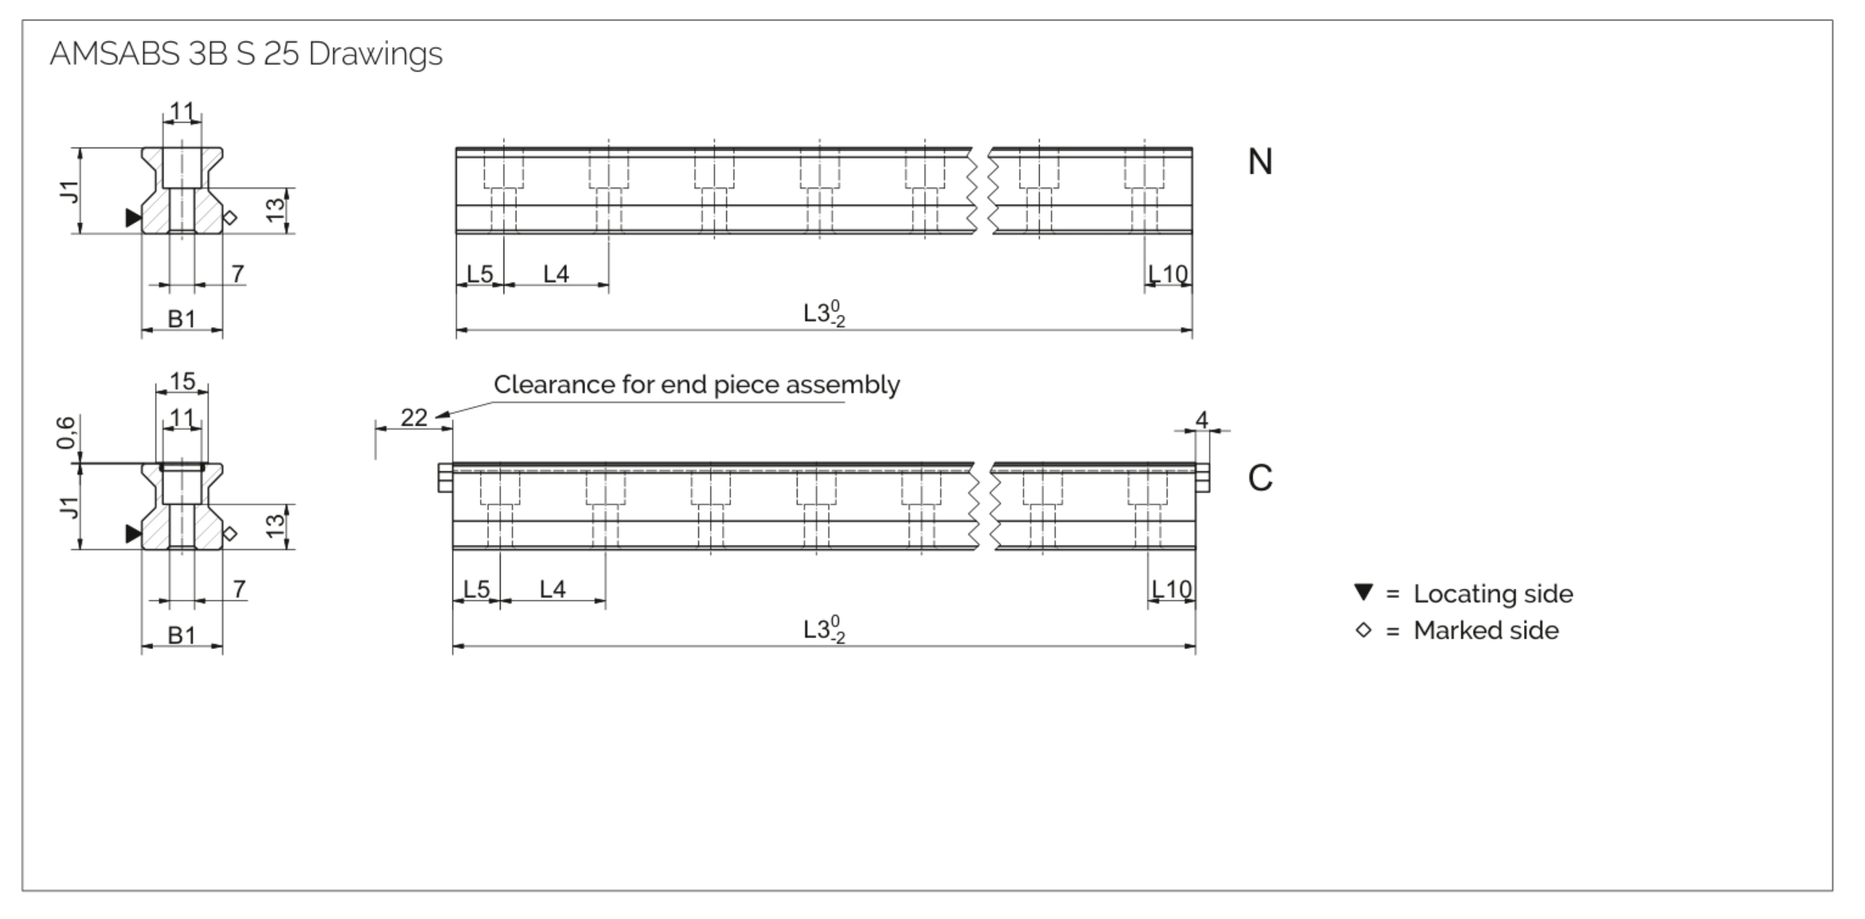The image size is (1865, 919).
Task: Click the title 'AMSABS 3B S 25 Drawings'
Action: pos(246,54)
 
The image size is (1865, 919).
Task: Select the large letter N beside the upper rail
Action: pos(1260,162)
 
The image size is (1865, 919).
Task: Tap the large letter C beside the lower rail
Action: pos(1260,478)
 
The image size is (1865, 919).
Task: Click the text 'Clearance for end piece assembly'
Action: pos(697,385)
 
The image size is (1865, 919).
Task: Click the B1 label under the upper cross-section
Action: pos(182,319)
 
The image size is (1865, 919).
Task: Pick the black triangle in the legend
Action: pos(1363,592)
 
